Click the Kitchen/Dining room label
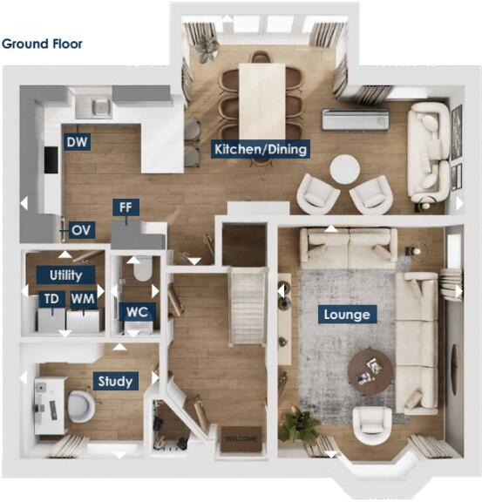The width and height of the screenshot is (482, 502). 261,149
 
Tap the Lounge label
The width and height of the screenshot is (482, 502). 347,315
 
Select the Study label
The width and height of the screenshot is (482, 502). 116,381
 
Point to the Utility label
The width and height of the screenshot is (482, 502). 66,275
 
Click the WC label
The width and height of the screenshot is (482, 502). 137,311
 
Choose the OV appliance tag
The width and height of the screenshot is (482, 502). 81,230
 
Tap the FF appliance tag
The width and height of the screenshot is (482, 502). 126,207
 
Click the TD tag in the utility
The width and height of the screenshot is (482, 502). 52,299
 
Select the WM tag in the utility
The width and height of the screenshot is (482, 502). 83,299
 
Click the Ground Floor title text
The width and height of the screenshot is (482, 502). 42,43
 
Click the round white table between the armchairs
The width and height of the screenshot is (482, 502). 343,169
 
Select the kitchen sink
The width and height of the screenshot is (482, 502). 93,108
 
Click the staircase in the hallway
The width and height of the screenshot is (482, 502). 246,305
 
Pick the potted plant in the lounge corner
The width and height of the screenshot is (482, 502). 300,425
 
